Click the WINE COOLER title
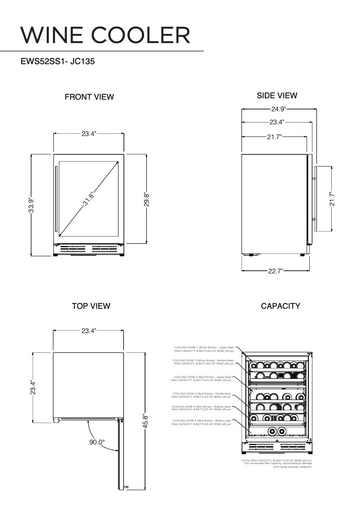click(x=105, y=35)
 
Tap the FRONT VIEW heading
click(x=89, y=97)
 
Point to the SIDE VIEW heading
click(x=277, y=96)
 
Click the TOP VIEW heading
click(x=91, y=306)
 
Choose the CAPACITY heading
click(x=281, y=306)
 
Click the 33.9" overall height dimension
click(x=31, y=205)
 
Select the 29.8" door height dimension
click(x=146, y=199)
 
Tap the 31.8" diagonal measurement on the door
click(x=88, y=198)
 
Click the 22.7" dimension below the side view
click(x=276, y=271)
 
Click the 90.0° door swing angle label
click(x=97, y=442)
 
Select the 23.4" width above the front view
click(x=89, y=133)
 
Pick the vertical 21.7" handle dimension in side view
click(x=332, y=199)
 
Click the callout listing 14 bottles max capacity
click(x=202, y=378)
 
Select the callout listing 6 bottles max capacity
click(x=202, y=422)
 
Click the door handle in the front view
click(x=56, y=198)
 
